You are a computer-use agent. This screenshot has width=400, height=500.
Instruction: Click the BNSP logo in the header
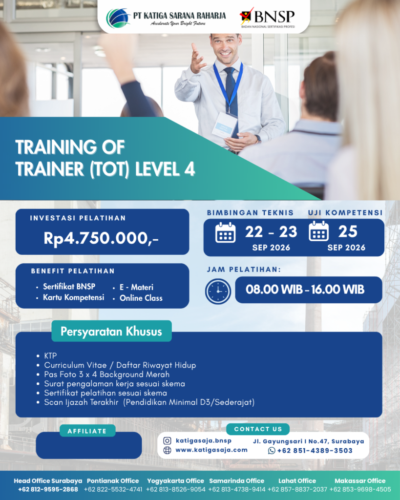coord(267,18)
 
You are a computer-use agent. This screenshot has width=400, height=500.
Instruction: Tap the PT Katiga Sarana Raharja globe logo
coord(118,18)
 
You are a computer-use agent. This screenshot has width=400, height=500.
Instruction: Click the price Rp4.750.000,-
coord(101,238)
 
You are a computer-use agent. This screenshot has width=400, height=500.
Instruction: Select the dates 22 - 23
coord(271,231)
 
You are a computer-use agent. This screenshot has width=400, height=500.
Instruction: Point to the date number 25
coord(348,231)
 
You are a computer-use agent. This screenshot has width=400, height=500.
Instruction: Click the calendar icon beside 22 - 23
coord(226,232)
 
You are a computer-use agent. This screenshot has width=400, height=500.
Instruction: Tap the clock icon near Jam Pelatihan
coord(218,291)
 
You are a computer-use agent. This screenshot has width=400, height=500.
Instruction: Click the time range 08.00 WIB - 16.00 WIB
coord(305,290)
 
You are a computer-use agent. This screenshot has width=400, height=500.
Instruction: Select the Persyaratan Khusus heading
coord(111,332)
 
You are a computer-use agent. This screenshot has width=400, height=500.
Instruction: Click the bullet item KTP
coord(50,355)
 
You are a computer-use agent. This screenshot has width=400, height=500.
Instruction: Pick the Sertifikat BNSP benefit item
coord(69,286)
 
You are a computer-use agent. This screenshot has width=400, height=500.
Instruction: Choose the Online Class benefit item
coord(141,298)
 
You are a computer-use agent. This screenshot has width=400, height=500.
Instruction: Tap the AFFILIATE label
coord(87,431)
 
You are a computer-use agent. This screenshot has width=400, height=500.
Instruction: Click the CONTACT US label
coord(258,429)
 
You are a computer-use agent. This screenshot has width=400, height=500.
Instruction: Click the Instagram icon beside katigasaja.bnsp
coord(167,441)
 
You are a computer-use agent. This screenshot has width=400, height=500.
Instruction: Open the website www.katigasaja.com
coord(211,450)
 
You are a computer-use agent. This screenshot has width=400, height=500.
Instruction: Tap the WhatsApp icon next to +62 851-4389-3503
coord(272,451)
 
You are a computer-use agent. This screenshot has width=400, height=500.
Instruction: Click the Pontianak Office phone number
coord(113,489)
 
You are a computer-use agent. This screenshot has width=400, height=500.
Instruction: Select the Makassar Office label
coord(360,481)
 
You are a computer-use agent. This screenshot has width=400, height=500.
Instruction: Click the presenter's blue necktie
coord(231,92)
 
